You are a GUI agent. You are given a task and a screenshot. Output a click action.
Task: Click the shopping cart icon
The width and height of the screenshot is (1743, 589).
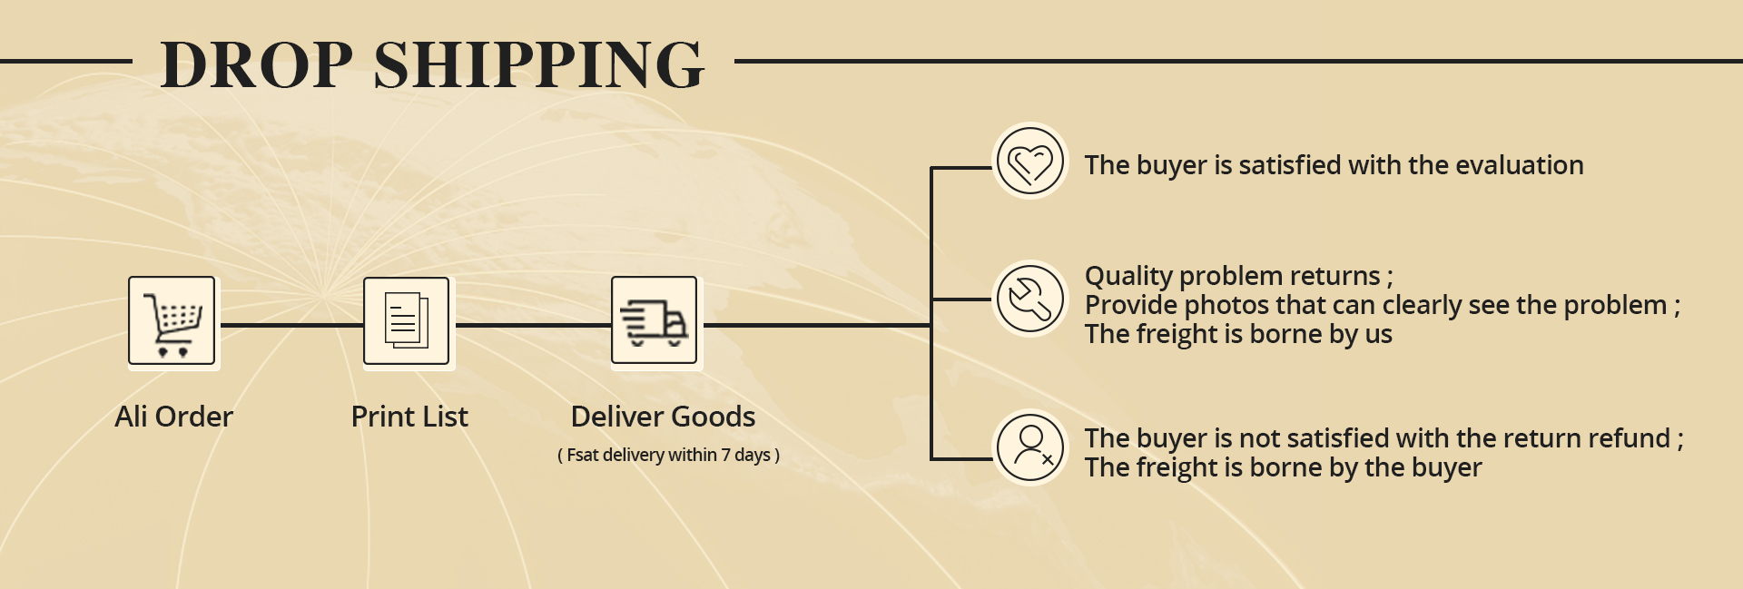[x=172, y=322]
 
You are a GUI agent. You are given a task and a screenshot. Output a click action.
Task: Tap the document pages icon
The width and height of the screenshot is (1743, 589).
[x=407, y=321]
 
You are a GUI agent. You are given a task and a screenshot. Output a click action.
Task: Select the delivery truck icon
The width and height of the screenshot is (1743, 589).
[x=655, y=321]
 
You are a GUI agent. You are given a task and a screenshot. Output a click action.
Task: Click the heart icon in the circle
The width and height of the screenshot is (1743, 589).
[x=1030, y=162]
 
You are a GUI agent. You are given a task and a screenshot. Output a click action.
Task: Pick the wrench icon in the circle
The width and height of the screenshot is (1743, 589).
[x=1030, y=299]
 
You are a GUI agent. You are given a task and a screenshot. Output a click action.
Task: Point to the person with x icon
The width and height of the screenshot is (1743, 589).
[x=1030, y=447]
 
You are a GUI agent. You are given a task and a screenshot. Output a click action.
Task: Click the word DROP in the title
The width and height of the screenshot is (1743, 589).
[x=256, y=65]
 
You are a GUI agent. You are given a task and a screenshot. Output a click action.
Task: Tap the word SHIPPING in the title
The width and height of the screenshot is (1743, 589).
[x=538, y=65]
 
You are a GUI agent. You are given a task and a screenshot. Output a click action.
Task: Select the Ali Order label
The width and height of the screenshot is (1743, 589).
[x=174, y=417]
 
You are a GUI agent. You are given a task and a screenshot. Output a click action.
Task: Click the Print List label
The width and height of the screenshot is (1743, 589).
[x=409, y=417]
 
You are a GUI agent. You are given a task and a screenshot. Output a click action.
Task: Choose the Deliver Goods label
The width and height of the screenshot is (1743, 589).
[x=663, y=417]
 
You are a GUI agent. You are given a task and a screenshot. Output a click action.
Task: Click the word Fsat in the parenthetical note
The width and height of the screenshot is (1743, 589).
[x=582, y=455]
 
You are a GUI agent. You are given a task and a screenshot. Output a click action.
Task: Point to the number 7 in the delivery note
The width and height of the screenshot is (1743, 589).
[x=726, y=455]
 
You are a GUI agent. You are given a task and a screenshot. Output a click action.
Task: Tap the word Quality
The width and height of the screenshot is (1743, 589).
[x=1128, y=276]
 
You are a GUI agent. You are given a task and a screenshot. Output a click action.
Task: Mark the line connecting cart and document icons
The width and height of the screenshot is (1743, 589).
[x=290, y=324]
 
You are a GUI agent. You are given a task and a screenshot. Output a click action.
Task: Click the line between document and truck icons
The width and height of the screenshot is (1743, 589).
[x=533, y=324]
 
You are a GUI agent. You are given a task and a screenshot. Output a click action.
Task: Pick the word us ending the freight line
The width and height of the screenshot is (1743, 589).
[x=1378, y=335]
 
